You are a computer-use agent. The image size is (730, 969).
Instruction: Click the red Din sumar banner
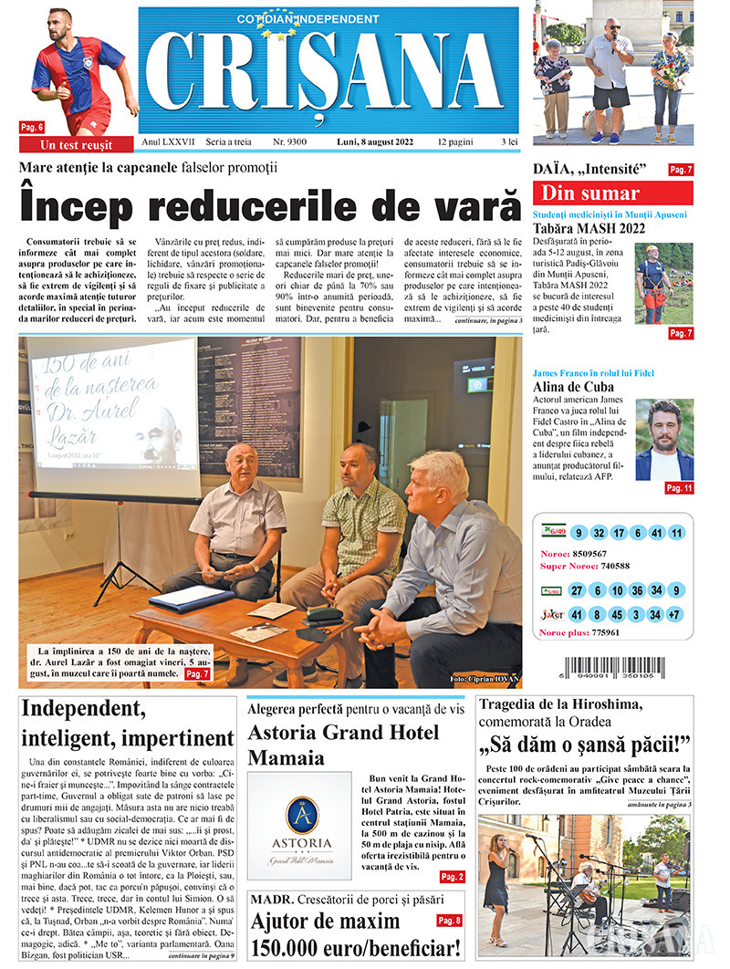(612, 193)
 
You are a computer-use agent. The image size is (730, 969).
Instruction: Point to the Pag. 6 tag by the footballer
(32, 127)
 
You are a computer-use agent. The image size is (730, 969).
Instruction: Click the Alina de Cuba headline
(573, 387)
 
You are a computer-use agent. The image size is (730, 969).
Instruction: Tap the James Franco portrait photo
(664, 439)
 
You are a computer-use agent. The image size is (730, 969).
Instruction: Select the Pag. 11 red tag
(679, 488)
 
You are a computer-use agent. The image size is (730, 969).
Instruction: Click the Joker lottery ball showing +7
(676, 615)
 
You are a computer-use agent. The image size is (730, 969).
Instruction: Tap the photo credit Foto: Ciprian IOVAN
(482, 679)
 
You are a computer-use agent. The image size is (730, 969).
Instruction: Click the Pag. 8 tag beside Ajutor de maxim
(449, 921)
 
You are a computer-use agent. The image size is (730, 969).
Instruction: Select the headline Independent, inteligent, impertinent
(128, 723)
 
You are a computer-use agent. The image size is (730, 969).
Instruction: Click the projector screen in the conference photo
(114, 420)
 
